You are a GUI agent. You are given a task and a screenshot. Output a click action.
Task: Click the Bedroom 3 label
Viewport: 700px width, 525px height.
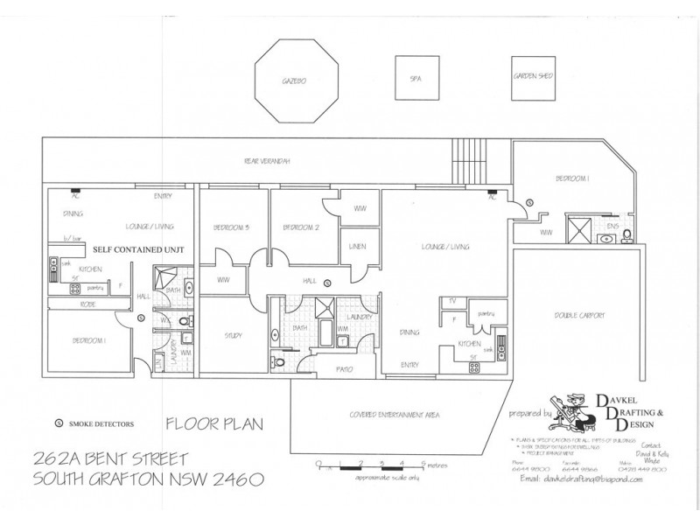point(232,227)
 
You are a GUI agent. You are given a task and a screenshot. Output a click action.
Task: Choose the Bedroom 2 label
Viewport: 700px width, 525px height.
point(302,227)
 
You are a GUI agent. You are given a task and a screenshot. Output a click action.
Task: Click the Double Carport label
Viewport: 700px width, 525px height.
point(580,315)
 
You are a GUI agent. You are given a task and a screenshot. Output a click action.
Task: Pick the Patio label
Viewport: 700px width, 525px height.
point(344,370)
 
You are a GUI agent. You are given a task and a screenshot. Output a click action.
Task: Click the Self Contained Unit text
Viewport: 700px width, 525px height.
point(133,249)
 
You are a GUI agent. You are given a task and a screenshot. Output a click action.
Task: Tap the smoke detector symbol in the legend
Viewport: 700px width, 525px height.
point(59,423)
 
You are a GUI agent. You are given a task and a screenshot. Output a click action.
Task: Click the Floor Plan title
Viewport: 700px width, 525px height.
point(214,425)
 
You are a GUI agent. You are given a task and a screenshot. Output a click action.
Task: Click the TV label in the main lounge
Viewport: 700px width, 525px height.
point(452,302)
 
